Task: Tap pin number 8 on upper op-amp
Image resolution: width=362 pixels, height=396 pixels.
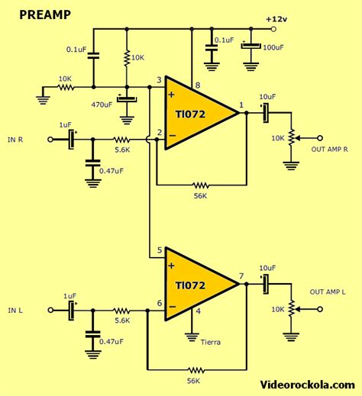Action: pos(197,85)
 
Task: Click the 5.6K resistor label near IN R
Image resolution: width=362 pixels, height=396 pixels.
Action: pos(122,150)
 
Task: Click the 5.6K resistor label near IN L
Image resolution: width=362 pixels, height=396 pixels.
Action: pos(122,321)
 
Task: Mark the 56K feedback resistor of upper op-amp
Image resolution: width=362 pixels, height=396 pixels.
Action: pos(201,185)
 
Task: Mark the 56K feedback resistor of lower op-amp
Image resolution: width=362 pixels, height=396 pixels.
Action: pos(194,370)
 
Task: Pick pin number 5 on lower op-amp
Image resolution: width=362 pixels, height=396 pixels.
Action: pos(160,250)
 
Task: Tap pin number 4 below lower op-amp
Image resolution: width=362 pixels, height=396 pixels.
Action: pos(198,311)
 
